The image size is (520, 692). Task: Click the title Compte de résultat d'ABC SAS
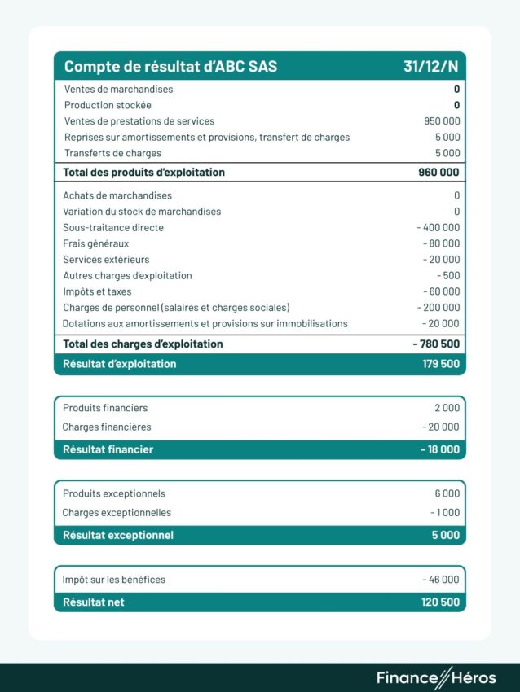[170, 67]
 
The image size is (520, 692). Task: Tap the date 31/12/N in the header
[431, 67]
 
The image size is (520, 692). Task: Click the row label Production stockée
[108, 105]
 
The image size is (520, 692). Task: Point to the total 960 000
[438, 173]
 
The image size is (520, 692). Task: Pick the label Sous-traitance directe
[113, 227]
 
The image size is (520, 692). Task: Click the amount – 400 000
[438, 227]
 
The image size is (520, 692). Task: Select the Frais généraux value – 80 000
[441, 243]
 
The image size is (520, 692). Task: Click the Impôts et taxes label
[97, 291]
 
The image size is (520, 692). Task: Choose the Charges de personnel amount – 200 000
[438, 308]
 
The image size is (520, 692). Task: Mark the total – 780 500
[436, 344]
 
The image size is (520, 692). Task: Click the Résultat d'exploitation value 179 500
[441, 364]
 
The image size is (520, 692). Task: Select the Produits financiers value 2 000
[447, 408]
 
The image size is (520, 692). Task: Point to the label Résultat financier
[108, 449]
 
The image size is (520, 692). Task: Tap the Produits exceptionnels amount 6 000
[447, 493]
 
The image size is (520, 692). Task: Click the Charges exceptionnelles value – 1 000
[444, 513]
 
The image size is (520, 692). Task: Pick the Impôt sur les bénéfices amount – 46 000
[441, 580]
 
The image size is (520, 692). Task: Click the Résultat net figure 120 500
[441, 602]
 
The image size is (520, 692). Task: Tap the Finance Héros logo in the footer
[435, 677]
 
